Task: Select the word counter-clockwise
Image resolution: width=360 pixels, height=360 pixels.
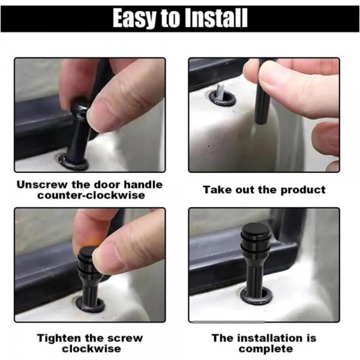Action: tap(89, 196)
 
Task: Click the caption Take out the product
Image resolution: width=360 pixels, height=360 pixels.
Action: tap(264, 190)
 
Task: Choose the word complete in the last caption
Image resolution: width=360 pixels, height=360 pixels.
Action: tap(265, 349)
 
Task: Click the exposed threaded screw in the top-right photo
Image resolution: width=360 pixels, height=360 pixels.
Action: tap(219, 91)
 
